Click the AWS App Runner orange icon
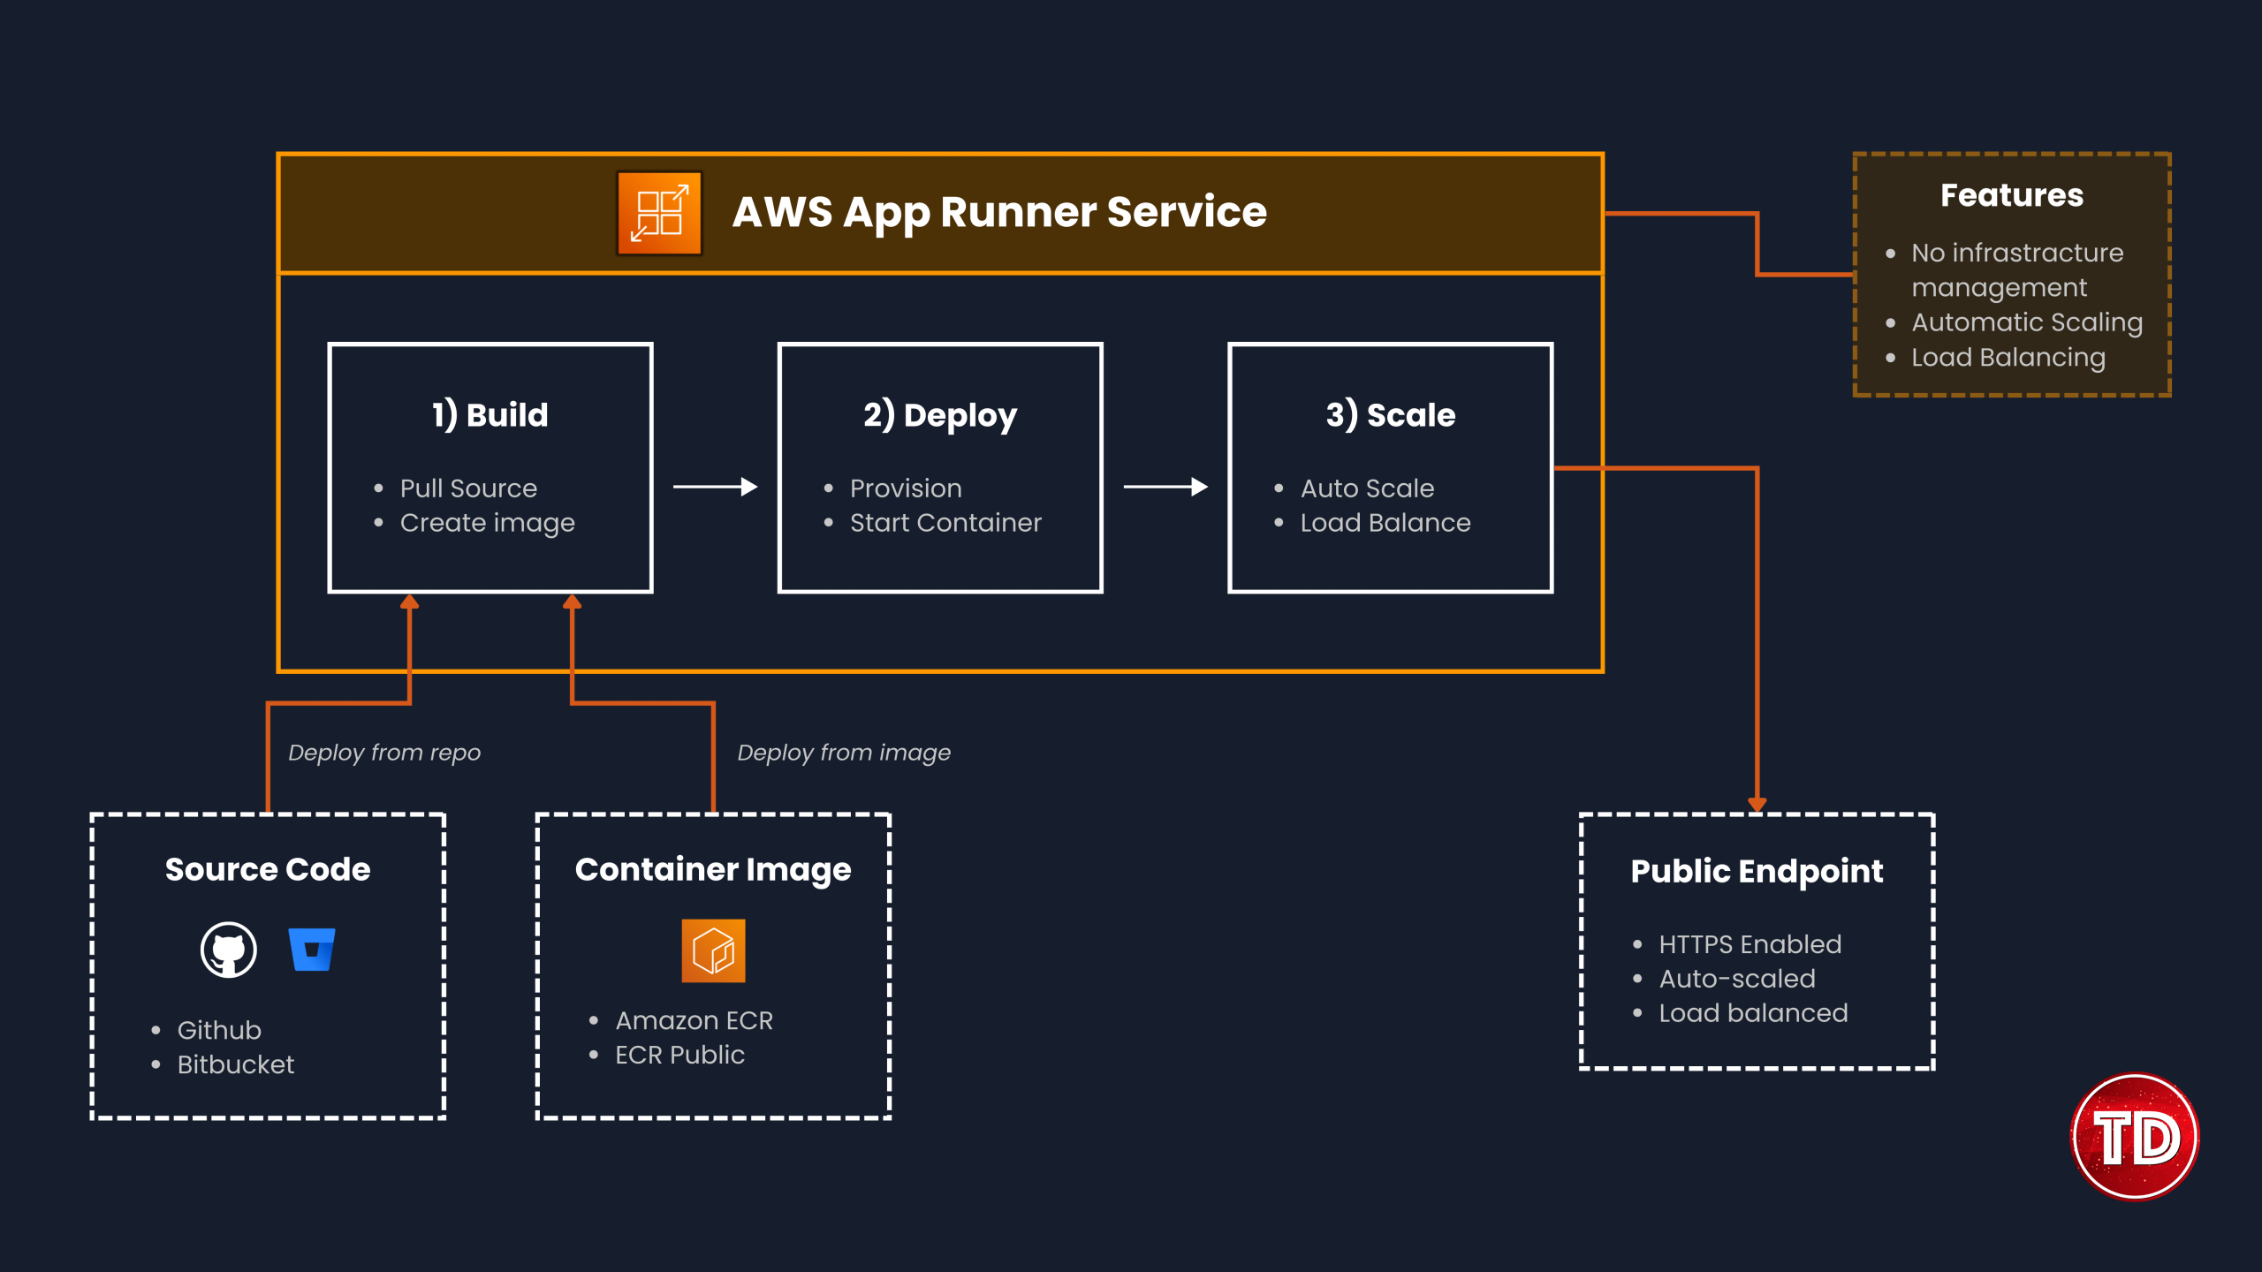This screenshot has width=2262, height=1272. click(x=659, y=213)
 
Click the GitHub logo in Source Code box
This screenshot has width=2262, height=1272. click(x=229, y=950)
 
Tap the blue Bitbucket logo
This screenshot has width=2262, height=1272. click(x=312, y=950)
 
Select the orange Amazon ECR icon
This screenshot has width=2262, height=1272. click(x=713, y=950)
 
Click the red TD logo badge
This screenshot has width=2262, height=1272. click(x=2135, y=1137)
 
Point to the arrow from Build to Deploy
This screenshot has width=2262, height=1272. click(x=715, y=487)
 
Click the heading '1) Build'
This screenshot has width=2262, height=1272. click(x=490, y=414)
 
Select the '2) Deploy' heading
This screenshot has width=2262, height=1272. click(x=940, y=414)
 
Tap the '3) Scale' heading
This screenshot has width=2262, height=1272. click(x=1390, y=414)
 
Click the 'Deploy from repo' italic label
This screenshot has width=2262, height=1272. click(x=384, y=753)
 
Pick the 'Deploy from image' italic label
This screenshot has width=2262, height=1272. click(x=844, y=753)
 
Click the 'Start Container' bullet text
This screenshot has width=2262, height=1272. click(x=945, y=523)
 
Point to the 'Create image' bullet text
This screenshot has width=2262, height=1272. click(x=487, y=523)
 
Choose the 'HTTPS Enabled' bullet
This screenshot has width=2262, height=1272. click(x=1750, y=944)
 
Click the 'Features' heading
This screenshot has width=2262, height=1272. click(x=2011, y=195)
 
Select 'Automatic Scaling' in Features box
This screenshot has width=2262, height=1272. click(x=2026, y=322)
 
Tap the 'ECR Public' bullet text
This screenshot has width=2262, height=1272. click(x=679, y=1055)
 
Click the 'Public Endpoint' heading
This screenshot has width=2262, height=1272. click(x=1757, y=871)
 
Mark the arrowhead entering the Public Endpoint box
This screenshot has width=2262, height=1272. click(x=1757, y=804)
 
